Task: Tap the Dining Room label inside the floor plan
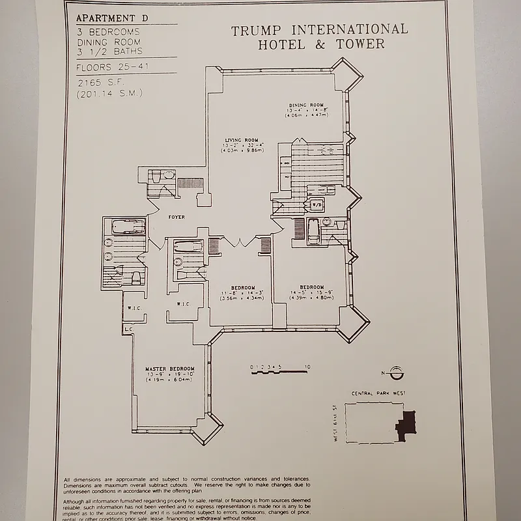tap(307, 105)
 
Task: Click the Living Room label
tap(242, 140)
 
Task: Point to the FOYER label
tap(176, 217)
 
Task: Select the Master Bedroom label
tap(169, 369)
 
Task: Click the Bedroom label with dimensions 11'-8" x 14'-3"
tap(242, 287)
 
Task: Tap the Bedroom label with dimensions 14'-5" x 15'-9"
tap(311, 287)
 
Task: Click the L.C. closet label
tap(128, 330)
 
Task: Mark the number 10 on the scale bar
tap(307, 367)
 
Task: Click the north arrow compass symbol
tap(397, 373)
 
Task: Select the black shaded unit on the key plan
tap(405, 427)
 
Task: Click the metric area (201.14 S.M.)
tap(109, 94)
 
